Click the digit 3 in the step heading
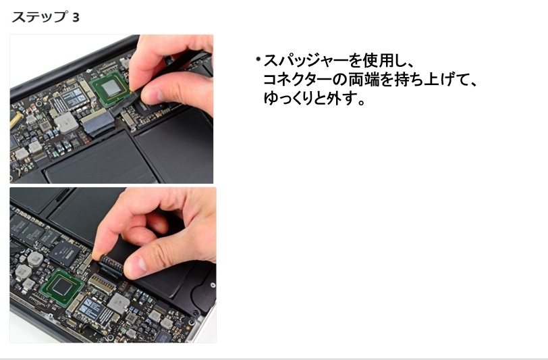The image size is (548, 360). pos(76,18)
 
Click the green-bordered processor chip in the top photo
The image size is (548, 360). pos(111,91)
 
